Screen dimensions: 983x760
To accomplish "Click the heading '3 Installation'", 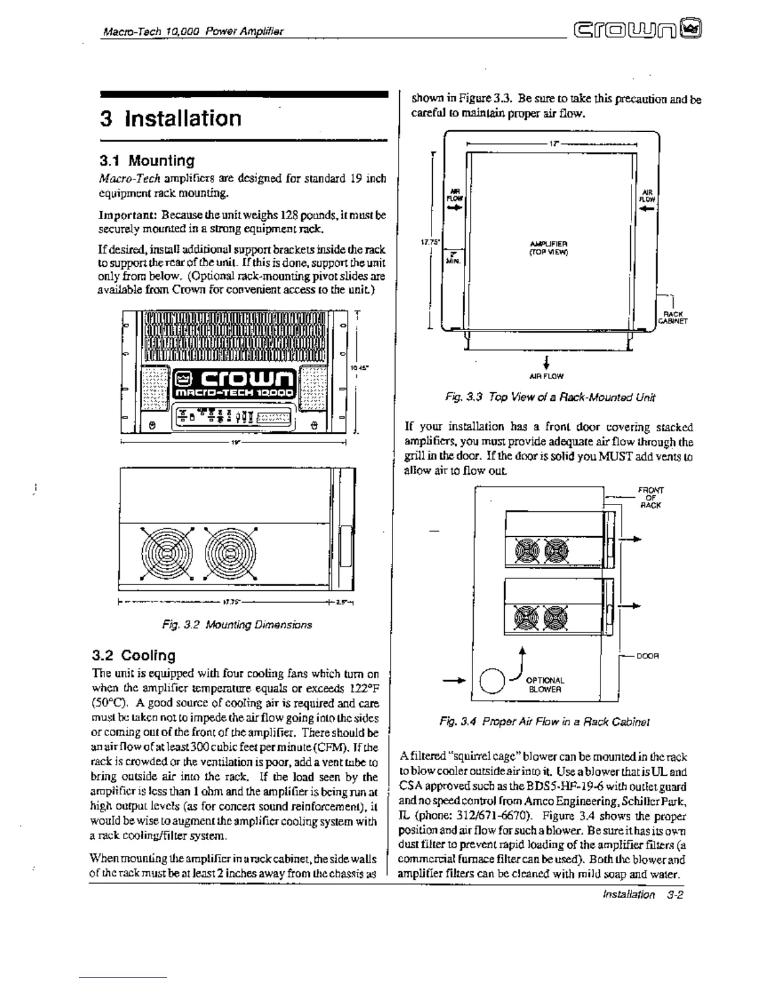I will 171,118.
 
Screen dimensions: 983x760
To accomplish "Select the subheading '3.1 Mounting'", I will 147,161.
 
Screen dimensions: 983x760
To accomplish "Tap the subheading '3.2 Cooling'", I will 133,655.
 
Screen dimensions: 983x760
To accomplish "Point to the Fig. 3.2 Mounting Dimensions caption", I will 237,625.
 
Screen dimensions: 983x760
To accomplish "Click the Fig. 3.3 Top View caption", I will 550,397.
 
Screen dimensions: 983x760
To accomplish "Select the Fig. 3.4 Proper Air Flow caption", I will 545,722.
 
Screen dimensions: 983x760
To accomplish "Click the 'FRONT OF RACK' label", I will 650,497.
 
